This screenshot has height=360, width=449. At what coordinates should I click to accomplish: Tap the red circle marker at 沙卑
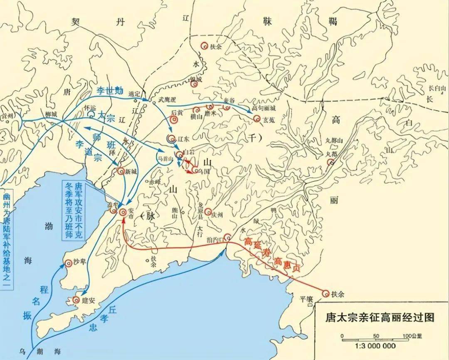click(x=69, y=263)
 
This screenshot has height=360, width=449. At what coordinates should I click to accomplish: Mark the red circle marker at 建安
click(x=76, y=299)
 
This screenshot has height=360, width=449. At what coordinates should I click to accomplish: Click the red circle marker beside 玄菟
click(x=257, y=119)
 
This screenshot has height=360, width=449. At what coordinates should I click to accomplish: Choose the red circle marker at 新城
click(x=121, y=170)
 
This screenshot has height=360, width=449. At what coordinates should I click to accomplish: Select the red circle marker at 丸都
click(x=331, y=162)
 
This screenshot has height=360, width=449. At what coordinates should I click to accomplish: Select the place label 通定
click(x=135, y=95)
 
